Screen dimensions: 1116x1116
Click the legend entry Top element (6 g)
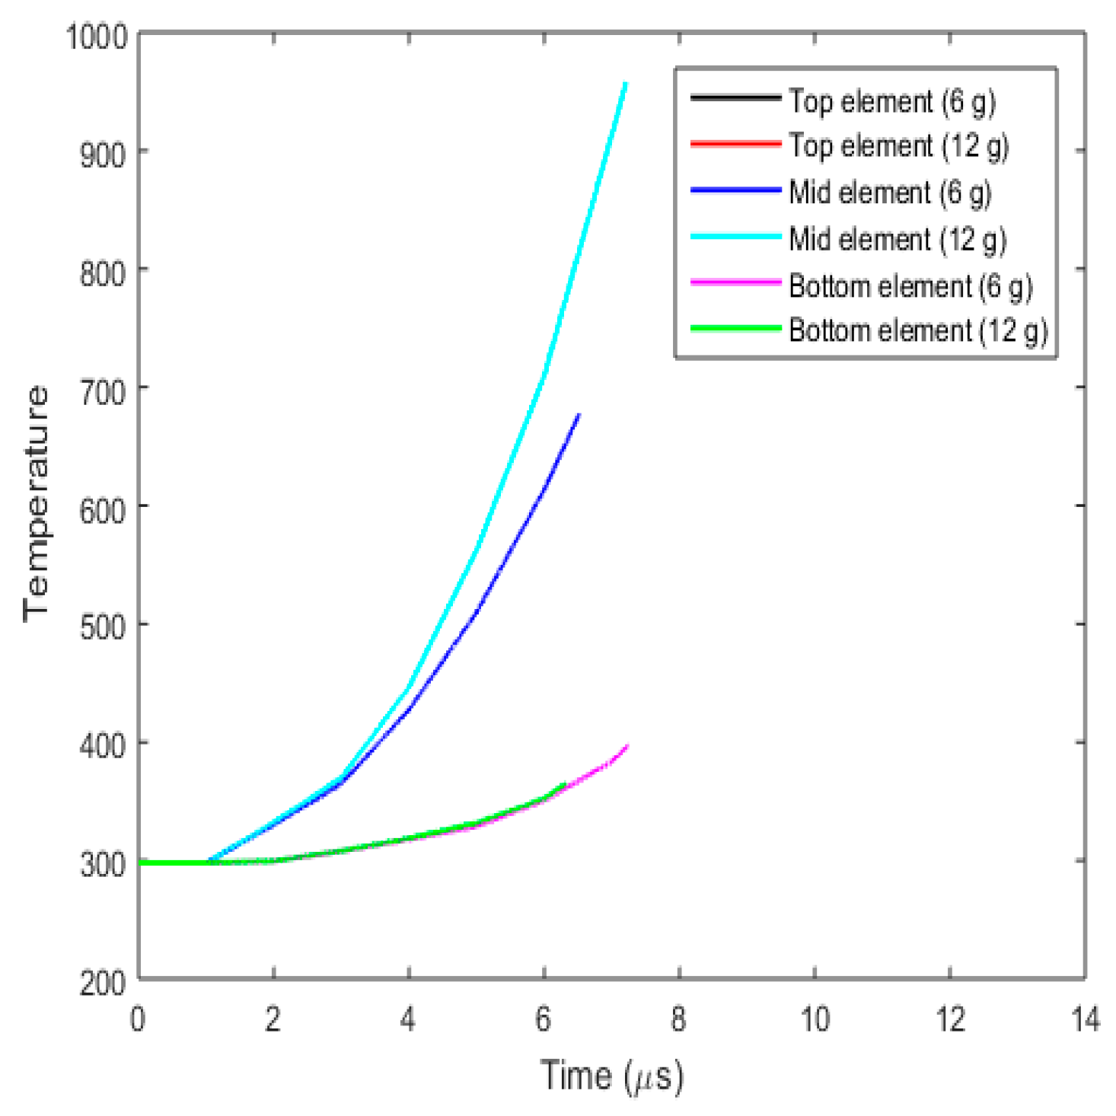[x=891, y=100]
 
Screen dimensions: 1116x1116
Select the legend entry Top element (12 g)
[x=898, y=145]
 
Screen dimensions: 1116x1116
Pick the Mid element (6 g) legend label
[x=889, y=193]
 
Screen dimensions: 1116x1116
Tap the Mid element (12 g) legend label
[x=897, y=239]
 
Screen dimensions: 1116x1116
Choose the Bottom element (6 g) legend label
[x=910, y=286]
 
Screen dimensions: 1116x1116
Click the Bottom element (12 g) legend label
[x=917, y=330]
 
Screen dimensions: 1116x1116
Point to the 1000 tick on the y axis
[x=97, y=36]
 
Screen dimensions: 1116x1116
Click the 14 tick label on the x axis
[x=1085, y=1019]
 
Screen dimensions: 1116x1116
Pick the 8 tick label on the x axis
[x=678, y=1019]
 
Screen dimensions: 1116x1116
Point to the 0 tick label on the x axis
[x=138, y=1019]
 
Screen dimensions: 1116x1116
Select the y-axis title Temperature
[x=37, y=504]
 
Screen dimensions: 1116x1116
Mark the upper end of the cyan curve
[x=625, y=84]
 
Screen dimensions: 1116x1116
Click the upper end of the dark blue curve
[x=579, y=415]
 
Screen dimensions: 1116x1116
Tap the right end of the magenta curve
[x=627, y=746]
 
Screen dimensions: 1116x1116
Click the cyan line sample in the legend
[x=735, y=237]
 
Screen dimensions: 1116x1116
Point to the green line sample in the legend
[x=735, y=329]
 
